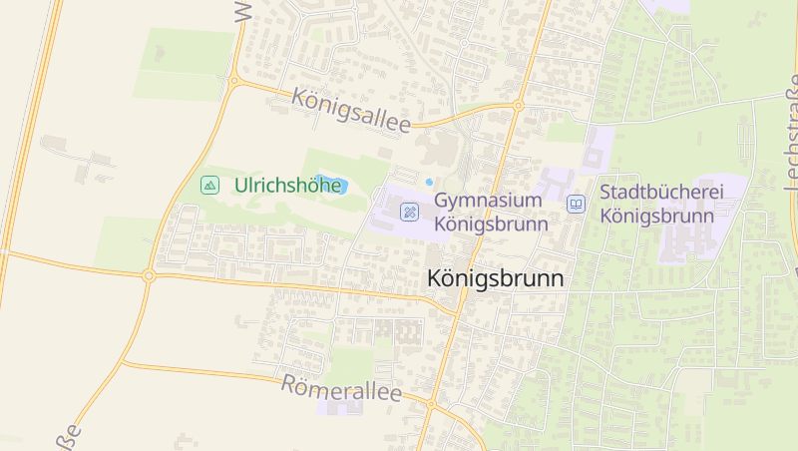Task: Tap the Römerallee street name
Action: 341,389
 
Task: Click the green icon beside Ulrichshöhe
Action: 209,185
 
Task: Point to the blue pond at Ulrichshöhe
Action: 329,185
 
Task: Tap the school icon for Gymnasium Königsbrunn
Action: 409,211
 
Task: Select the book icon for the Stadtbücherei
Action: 576,204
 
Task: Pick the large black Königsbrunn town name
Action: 495,279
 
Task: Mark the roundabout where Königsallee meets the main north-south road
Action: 518,105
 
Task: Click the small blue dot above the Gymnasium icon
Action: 429,182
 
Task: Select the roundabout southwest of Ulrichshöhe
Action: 148,275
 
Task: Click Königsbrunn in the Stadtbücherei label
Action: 657,216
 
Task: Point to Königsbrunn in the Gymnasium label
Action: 492,224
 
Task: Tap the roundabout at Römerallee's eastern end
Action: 431,404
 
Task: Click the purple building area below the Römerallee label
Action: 339,408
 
